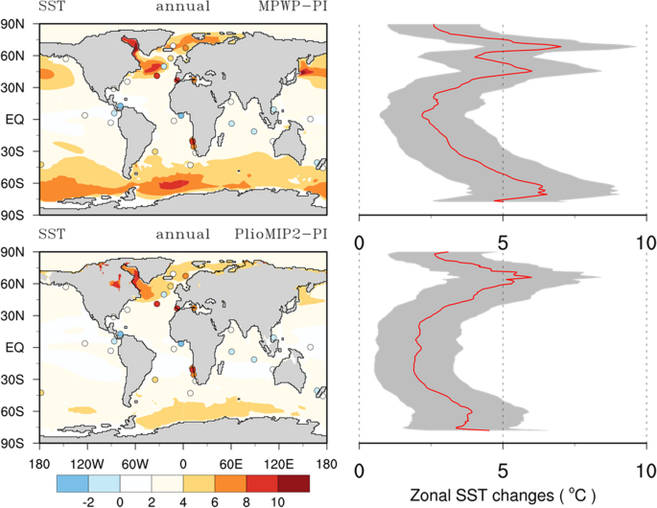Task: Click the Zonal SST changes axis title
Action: point(504,496)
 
